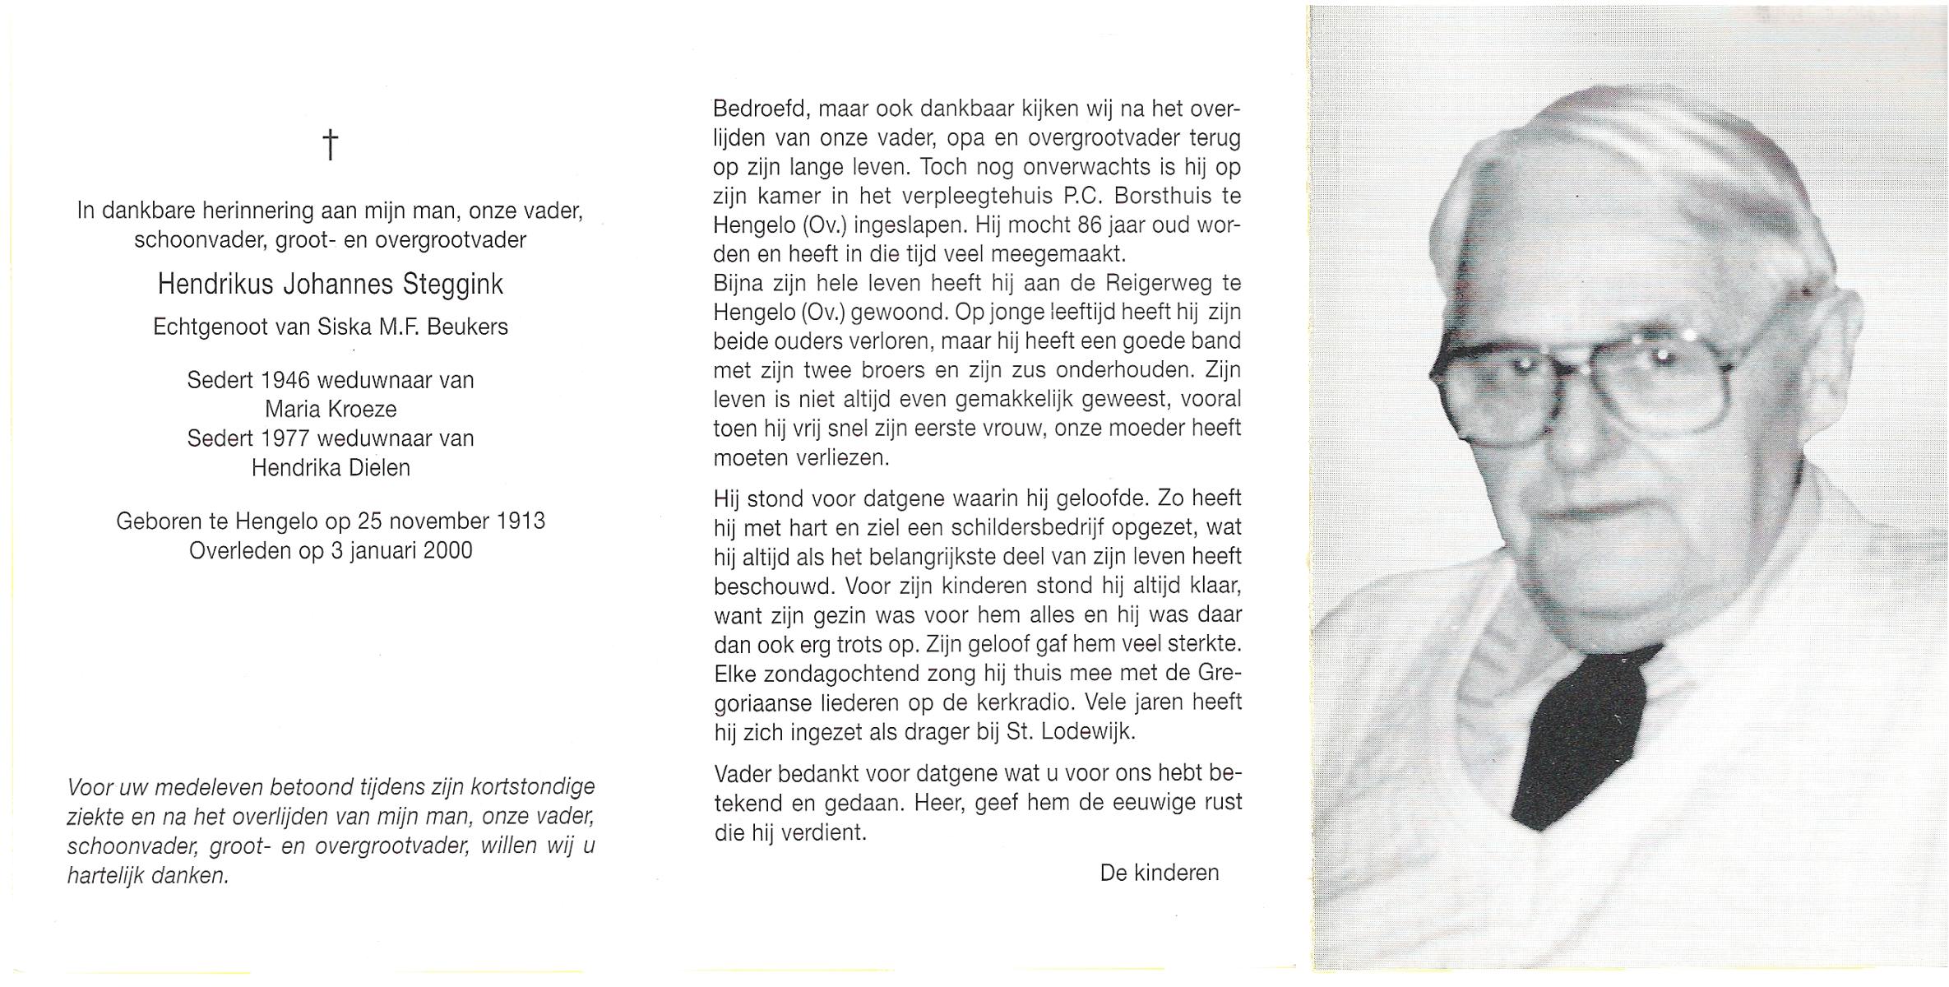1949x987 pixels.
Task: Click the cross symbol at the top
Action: point(330,145)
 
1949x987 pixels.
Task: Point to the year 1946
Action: point(285,381)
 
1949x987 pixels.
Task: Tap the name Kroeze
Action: point(361,410)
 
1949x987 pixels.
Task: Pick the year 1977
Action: point(285,438)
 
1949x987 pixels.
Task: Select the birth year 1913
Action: point(520,521)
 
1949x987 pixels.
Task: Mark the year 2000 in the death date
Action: point(447,550)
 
